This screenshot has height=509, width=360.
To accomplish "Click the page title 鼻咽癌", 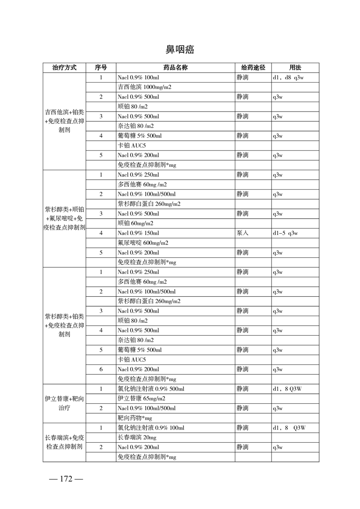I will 180,49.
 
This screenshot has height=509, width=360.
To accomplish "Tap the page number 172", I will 65,480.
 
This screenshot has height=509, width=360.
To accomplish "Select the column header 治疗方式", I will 64,68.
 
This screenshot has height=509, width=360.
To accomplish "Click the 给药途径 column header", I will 253,68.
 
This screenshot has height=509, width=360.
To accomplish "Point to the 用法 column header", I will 295,68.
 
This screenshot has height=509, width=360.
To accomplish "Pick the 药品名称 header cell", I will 175,68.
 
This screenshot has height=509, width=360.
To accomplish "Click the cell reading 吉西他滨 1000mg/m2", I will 144,87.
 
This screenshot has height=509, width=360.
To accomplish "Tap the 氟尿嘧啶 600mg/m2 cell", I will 143,243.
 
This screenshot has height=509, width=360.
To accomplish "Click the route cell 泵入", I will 242,233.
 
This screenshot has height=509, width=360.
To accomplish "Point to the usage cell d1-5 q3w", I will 285,233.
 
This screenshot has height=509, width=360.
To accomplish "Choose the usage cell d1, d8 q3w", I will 288,78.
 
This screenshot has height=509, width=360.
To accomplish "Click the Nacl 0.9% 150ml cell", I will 138,233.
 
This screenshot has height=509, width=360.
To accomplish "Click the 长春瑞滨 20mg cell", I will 137,437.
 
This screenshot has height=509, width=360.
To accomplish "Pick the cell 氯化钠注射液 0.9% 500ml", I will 151,389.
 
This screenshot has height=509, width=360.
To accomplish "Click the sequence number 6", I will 101,369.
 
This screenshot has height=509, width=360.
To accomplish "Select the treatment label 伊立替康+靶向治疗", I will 64,403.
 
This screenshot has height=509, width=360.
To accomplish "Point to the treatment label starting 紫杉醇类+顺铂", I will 64,219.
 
